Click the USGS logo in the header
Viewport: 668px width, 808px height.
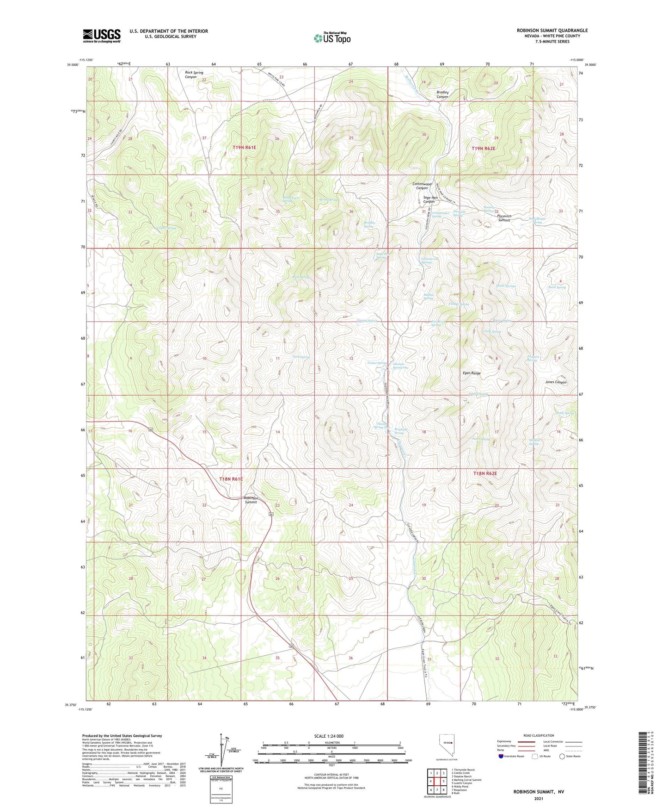(101, 35)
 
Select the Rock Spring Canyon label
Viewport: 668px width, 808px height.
(194, 75)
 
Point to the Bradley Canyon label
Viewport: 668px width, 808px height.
(442, 94)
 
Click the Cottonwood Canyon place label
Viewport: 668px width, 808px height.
(422, 186)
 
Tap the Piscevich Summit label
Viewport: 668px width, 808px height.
(504, 218)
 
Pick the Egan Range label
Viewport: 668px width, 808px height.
(472, 373)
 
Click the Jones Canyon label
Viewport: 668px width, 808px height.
(556, 382)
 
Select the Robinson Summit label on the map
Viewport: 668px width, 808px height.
(251, 500)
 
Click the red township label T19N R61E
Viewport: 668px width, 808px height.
(244, 147)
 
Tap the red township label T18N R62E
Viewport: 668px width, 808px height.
(485, 473)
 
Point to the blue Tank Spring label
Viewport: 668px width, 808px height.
(301, 357)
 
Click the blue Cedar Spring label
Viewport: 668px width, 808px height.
(166, 228)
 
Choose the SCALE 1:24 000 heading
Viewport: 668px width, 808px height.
(329, 736)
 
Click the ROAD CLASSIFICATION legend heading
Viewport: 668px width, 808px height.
(539, 735)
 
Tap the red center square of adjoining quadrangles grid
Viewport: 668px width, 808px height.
(437, 781)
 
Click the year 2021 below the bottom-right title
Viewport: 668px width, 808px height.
(538, 798)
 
